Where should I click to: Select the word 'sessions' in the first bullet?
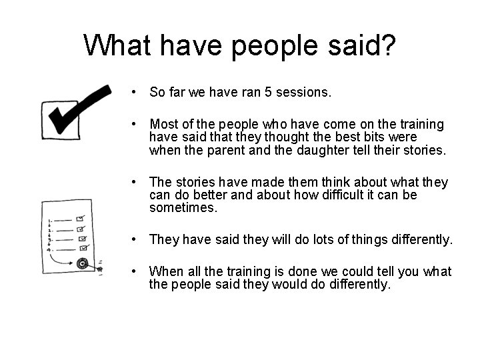(x=304, y=93)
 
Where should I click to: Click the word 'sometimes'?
(x=183, y=208)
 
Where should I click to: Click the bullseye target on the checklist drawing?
(x=83, y=263)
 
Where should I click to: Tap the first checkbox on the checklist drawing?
(x=81, y=218)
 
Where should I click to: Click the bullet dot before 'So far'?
(x=135, y=92)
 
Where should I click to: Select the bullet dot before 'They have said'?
(x=135, y=239)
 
